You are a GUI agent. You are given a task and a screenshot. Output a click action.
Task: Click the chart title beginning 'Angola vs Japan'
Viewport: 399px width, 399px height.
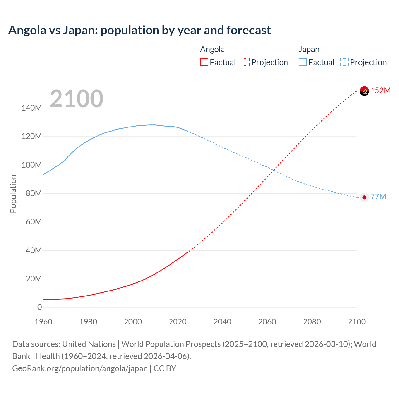[139, 30]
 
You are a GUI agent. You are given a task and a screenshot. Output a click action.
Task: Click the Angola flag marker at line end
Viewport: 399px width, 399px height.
[364, 91]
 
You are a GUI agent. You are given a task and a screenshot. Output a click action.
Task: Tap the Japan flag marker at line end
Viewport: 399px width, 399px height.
[364, 198]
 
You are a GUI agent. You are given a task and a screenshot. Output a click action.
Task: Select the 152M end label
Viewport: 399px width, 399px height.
[380, 90]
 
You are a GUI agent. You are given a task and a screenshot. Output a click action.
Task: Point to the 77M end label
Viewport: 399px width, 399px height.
[378, 197]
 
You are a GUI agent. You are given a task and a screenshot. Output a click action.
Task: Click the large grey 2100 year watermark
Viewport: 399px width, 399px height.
[76, 99]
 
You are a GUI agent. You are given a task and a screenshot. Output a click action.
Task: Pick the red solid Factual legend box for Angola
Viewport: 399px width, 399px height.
[204, 62]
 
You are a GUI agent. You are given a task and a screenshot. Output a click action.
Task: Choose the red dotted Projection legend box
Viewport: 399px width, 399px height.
[246, 62]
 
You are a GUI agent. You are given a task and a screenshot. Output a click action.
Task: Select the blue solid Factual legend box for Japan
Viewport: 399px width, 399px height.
[303, 62]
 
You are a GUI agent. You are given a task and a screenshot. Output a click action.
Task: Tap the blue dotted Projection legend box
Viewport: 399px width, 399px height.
[344, 62]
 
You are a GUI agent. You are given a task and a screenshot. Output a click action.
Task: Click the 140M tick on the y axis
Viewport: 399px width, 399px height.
[31, 108]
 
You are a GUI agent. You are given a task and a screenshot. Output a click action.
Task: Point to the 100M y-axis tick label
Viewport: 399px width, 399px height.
[31, 165]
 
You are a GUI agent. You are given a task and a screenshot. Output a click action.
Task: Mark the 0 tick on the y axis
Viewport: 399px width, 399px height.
[40, 307]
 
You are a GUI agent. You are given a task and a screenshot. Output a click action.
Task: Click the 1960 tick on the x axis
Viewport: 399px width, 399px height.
[43, 322]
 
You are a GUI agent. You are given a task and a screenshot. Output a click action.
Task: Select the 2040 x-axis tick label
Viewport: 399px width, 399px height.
[222, 322]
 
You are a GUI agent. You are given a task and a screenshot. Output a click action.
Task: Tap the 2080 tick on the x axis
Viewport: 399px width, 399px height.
[312, 322]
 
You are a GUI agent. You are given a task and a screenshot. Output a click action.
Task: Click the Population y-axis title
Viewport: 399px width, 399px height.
[13, 194]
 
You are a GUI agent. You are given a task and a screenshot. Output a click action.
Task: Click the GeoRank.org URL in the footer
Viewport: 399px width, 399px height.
[80, 368]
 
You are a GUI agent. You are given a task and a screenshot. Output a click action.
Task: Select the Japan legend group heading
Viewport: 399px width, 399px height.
[309, 49]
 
